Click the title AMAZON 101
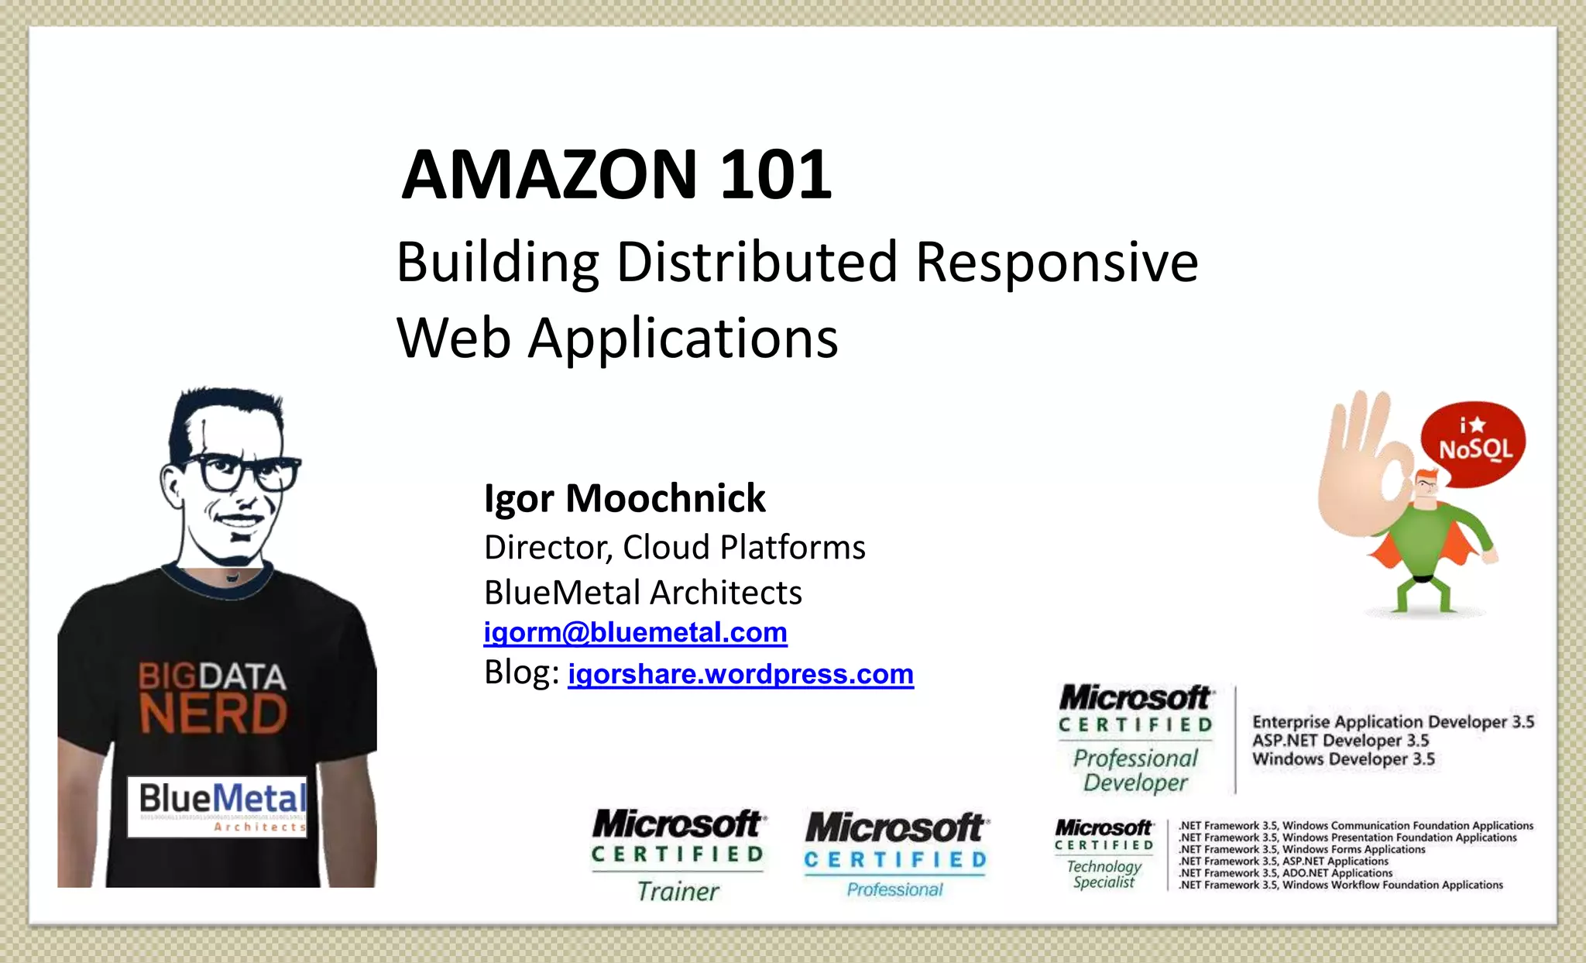(616, 174)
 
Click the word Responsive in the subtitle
(1056, 262)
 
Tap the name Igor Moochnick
(624, 498)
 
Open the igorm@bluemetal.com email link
(635, 632)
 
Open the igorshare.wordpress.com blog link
(740, 674)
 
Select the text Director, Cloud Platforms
(674, 547)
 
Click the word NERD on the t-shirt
(213, 714)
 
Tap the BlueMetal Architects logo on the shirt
(218, 807)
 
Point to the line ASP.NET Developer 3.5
(1341, 741)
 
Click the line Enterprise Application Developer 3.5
(1392, 722)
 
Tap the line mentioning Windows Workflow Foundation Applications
(1341, 885)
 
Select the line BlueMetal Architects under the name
(643, 593)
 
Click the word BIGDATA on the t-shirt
(212, 676)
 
